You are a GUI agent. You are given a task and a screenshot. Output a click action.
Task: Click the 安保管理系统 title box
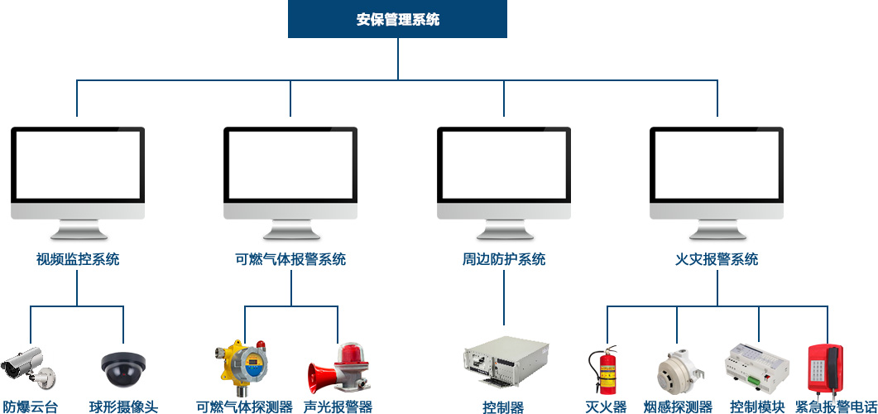coord(397,19)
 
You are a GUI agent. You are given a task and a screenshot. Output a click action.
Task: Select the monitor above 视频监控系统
coord(78,174)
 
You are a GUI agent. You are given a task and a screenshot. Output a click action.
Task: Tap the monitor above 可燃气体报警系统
coord(290,174)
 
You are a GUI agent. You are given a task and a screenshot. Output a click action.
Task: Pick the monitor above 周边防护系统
coord(504,174)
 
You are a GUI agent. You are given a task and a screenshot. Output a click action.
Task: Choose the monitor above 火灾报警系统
coord(717,174)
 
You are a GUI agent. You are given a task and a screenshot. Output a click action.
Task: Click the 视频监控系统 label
coord(78,259)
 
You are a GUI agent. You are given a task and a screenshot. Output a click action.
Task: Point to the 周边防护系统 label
coord(504,259)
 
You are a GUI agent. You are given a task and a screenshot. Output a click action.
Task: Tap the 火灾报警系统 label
coord(717,259)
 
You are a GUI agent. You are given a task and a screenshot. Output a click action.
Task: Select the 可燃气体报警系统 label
coord(290,259)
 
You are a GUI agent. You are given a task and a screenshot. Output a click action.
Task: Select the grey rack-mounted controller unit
coord(503,362)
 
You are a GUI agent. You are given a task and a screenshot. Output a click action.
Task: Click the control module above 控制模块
coord(756,367)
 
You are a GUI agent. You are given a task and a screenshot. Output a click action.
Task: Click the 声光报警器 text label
coord(338,407)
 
